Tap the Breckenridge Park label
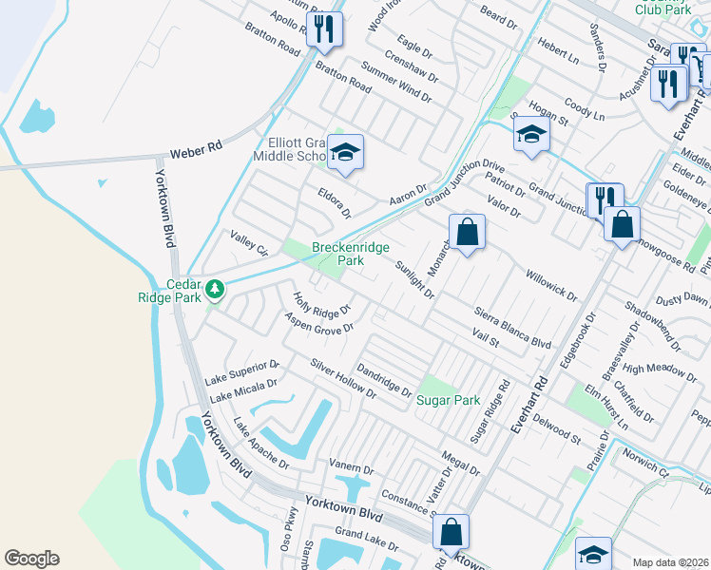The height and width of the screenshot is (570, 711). click(x=351, y=254)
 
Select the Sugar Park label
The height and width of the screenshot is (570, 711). click(x=449, y=400)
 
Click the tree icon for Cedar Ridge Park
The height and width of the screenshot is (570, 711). click(x=216, y=287)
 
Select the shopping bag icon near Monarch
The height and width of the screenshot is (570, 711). click(x=468, y=231)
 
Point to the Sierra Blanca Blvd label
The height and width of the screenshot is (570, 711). click(x=513, y=328)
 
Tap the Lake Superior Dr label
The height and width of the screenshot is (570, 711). click(x=241, y=372)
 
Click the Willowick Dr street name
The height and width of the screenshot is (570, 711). click(x=550, y=283)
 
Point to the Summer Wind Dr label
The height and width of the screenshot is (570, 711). click(x=396, y=82)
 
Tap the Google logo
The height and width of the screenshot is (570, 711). click(x=31, y=559)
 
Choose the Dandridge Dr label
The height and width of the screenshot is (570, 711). click(x=384, y=380)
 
